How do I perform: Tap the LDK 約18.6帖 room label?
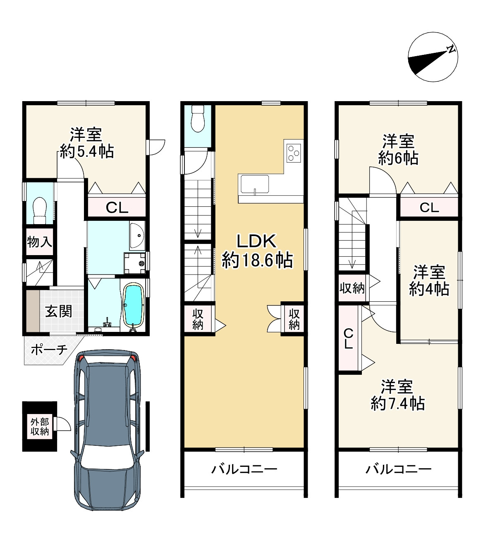[x=256, y=251]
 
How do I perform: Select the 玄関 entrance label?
[x=58, y=311]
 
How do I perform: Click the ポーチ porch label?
[x=49, y=350]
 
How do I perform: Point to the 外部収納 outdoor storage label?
[x=40, y=427]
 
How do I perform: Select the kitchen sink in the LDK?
[x=254, y=184]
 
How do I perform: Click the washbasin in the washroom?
[x=136, y=237]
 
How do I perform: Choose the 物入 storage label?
[x=40, y=242]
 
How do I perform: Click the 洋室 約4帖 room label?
[x=429, y=281]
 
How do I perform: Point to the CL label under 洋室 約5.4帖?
[x=117, y=208]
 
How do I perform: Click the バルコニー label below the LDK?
[x=244, y=469]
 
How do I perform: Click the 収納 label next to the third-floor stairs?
[x=352, y=288]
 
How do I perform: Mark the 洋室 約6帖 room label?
[x=398, y=149]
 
